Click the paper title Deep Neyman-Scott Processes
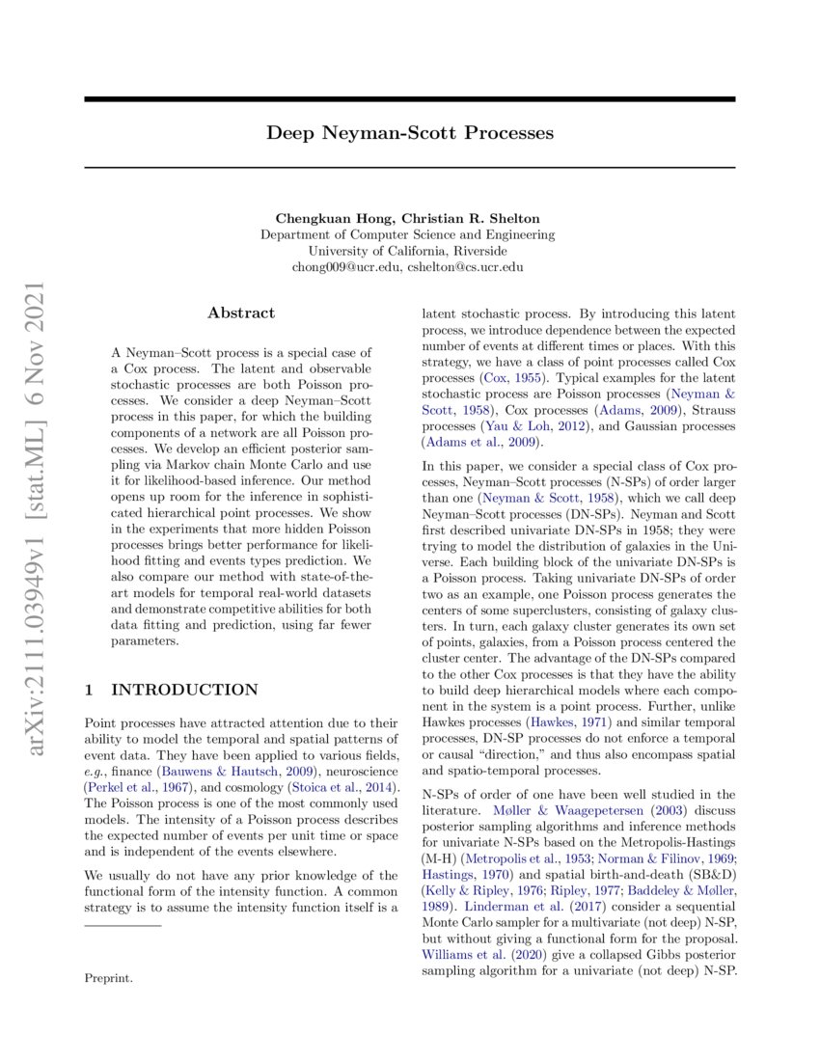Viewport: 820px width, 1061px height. tap(410, 133)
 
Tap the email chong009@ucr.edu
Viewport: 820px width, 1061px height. tap(346, 267)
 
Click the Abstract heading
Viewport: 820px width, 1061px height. tap(241, 313)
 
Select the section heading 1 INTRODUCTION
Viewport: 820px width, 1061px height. tap(171, 689)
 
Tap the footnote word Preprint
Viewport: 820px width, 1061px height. tap(109, 978)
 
